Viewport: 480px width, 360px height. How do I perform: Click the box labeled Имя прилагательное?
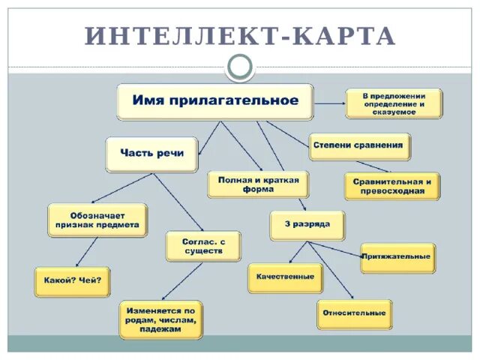(x=214, y=101)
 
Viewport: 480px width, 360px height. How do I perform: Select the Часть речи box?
(x=151, y=154)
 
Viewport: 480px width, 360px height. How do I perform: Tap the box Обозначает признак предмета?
(x=97, y=220)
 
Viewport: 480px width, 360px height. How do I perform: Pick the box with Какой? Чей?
(x=72, y=281)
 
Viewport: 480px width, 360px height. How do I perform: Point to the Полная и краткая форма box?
(x=258, y=184)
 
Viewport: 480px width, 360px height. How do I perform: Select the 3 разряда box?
(x=307, y=225)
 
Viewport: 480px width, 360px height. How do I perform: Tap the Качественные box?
(x=285, y=277)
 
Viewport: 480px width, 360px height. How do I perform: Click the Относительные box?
(x=354, y=313)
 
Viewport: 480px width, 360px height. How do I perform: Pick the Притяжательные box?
(x=396, y=257)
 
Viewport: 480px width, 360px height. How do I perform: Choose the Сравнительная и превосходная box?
(x=391, y=186)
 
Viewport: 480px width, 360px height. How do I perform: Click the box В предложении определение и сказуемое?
(x=394, y=103)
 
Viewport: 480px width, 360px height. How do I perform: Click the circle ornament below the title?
(x=240, y=67)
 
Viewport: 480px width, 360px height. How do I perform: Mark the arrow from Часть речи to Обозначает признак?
(x=123, y=188)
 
